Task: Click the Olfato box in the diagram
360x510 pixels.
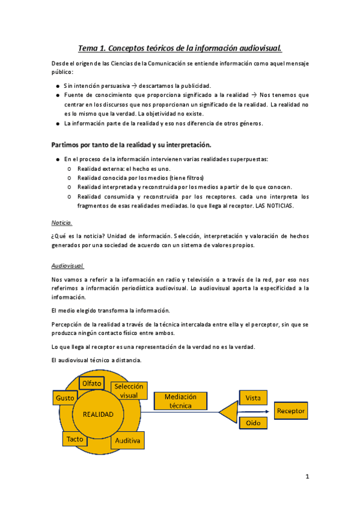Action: point(91,383)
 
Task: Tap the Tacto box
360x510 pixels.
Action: point(75,438)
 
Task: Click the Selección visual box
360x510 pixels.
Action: point(129,391)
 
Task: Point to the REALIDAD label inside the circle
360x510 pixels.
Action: point(98,414)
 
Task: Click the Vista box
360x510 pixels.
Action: point(253,398)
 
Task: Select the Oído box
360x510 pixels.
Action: point(253,423)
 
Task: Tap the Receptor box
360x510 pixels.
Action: point(291,411)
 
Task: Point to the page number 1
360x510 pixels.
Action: point(307,477)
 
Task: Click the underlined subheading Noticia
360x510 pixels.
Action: point(62,222)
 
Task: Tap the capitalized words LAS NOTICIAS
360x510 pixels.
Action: point(276,206)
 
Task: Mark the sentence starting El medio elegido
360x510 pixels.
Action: point(111,310)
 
